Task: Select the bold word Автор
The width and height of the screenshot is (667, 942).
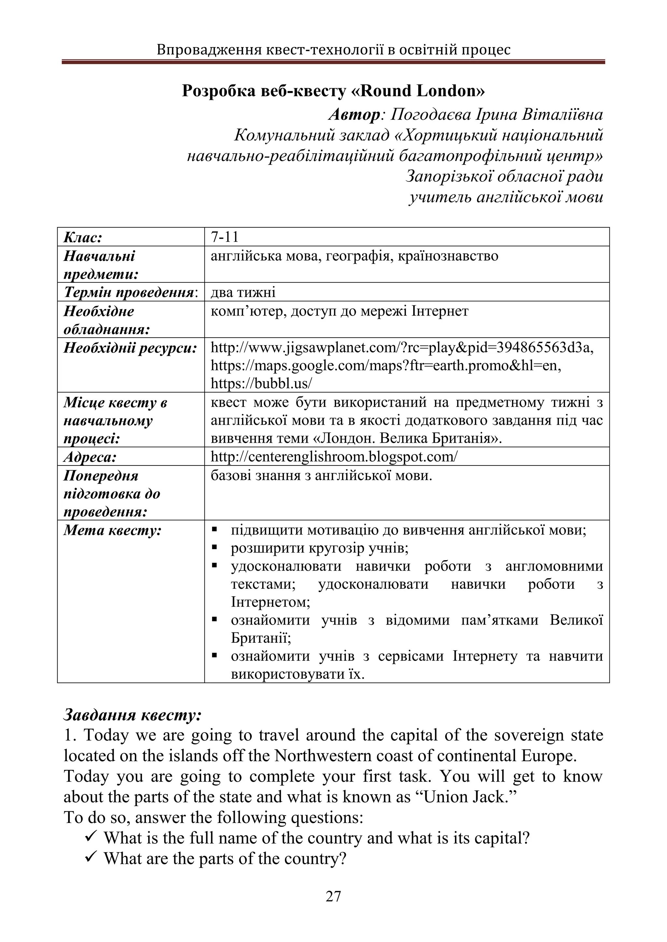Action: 354,115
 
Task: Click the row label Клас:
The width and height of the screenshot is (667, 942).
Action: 83,237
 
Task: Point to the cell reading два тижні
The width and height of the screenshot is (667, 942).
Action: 243,292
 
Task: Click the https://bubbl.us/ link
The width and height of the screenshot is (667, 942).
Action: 261,383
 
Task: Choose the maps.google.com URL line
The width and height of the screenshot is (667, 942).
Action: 386,365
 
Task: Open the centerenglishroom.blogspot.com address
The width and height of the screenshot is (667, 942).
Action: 333,457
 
